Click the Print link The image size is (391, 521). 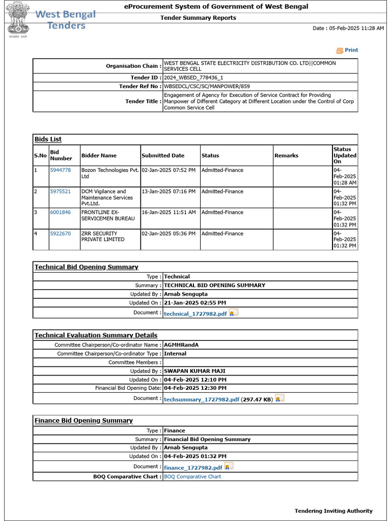(351, 50)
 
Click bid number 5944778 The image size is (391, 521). (60, 170)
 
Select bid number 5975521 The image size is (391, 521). (60, 192)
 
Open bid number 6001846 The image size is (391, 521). (60, 213)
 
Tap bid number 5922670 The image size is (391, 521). (60, 234)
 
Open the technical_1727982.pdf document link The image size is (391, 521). (195, 314)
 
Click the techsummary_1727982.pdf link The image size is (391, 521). (201, 400)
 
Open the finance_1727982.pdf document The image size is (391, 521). (193, 468)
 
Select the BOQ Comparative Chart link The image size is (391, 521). (192, 477)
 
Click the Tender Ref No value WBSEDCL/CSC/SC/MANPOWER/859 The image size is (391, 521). (207, 86)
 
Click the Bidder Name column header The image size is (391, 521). (99, 156)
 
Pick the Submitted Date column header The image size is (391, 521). (163, 156)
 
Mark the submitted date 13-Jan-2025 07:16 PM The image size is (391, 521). (169, 192)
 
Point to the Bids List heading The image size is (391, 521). (48, 139)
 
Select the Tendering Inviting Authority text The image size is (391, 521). (333, 511)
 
